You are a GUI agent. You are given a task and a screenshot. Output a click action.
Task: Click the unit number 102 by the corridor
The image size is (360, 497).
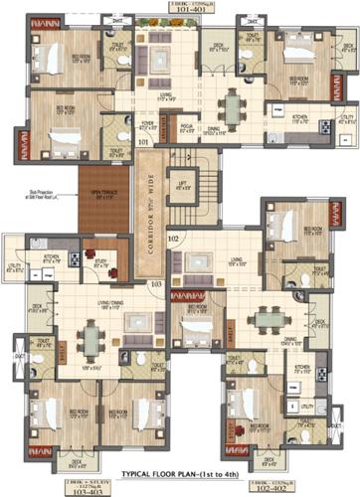172,240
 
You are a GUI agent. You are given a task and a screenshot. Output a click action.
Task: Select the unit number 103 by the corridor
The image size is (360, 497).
156,284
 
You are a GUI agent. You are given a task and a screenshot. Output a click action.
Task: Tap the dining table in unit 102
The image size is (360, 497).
267,319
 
